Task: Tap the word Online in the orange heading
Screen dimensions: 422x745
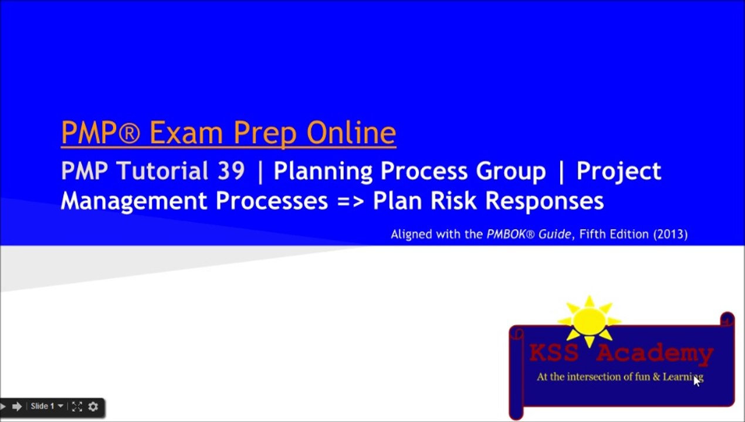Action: [x=351, y=132]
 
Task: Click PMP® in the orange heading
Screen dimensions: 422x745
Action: [x=100, y=132]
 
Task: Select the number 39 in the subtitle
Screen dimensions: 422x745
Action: [x=231, y=171]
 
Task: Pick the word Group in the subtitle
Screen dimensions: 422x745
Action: [x=510, y=171]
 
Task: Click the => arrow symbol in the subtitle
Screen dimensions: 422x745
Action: [x=351, y=201]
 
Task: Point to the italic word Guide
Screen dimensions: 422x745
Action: [x=556, y=234]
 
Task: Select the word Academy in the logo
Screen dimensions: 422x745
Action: [x=655, y=353]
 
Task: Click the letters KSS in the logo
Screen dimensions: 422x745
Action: [x=554, y=353]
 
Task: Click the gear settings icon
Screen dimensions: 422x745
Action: [x=93, y=406]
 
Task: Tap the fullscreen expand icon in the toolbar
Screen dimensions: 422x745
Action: [x=77, y=406]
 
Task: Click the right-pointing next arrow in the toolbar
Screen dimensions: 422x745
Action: [x=16, y=406]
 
